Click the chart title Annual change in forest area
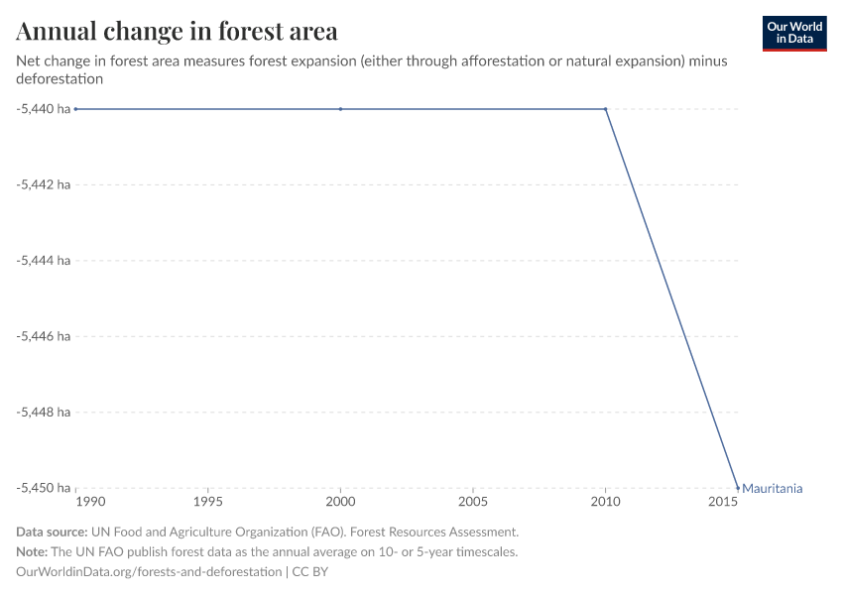coord(177,32)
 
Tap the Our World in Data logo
coord(793,33)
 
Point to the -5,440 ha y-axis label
coord(43,109)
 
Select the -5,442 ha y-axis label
coord(43,184)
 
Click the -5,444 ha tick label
coord(43,261)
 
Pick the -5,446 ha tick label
coord(43,336)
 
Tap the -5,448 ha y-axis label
coord(43,412)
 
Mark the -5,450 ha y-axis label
coord(43,488)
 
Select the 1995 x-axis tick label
coord(207,503)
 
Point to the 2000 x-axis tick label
coord(340,503)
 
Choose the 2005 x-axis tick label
coord(473,503)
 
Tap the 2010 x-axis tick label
coord(605,503)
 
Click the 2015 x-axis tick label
coord(724,503)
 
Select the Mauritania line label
coord(772,488)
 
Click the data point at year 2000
coord(340,109)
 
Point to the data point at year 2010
coord(605,109)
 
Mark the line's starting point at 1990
coord(75,109)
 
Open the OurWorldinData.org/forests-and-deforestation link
coord(149,572)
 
